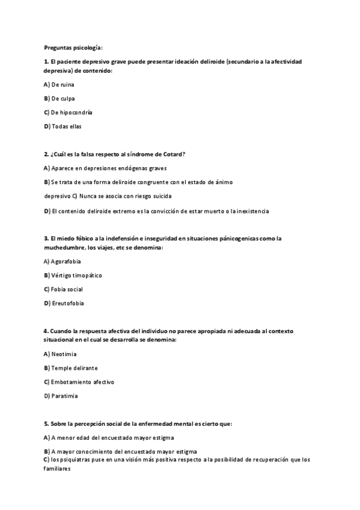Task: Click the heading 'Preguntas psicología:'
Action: point(73,47)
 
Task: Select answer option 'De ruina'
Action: point(63,84)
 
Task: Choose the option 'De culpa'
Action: point(63,99)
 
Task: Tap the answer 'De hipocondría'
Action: point(72,112)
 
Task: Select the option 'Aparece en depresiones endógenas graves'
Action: point(109,168)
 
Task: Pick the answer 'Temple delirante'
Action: point(75,368)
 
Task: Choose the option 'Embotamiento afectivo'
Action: point(82,382)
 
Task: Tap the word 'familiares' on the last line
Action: point(58,470)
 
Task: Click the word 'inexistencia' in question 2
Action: point(252,211)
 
